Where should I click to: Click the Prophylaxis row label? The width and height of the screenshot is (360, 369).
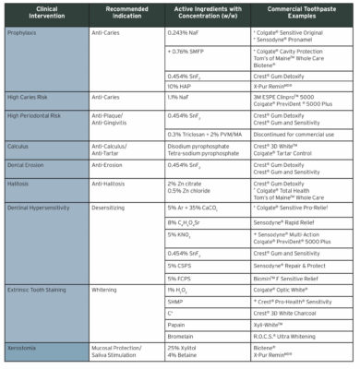pyautogui.click(x=27, y=32)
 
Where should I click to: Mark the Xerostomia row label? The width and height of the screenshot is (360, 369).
pyautogui.click(x=27, y=347)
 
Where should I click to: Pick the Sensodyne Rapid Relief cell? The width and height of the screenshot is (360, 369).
pyautogui.click(x=286, y=224)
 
